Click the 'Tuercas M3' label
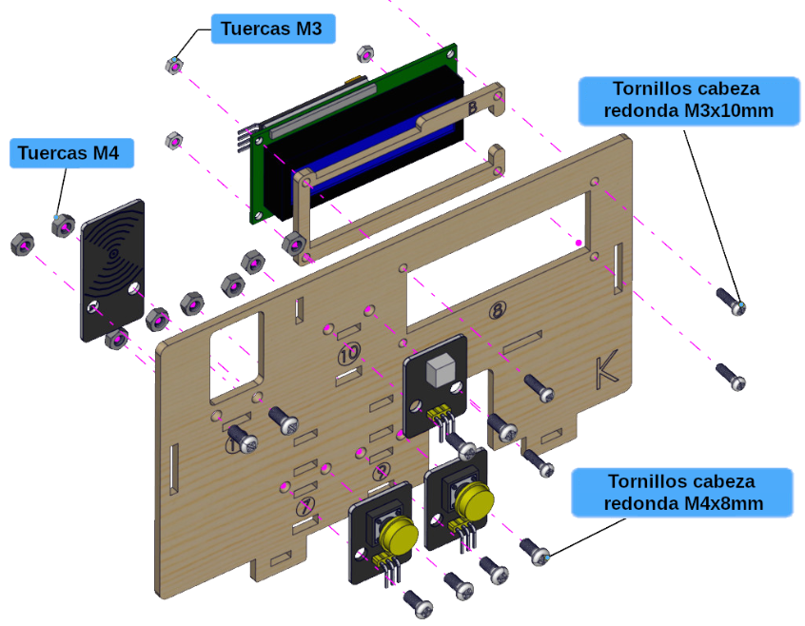(270, 29)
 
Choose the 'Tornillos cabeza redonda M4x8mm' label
(682, 492)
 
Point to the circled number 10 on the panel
(349, 354)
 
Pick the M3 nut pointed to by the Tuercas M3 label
(173, 64)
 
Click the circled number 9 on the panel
(381, 471)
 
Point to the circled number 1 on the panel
(232, 443)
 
